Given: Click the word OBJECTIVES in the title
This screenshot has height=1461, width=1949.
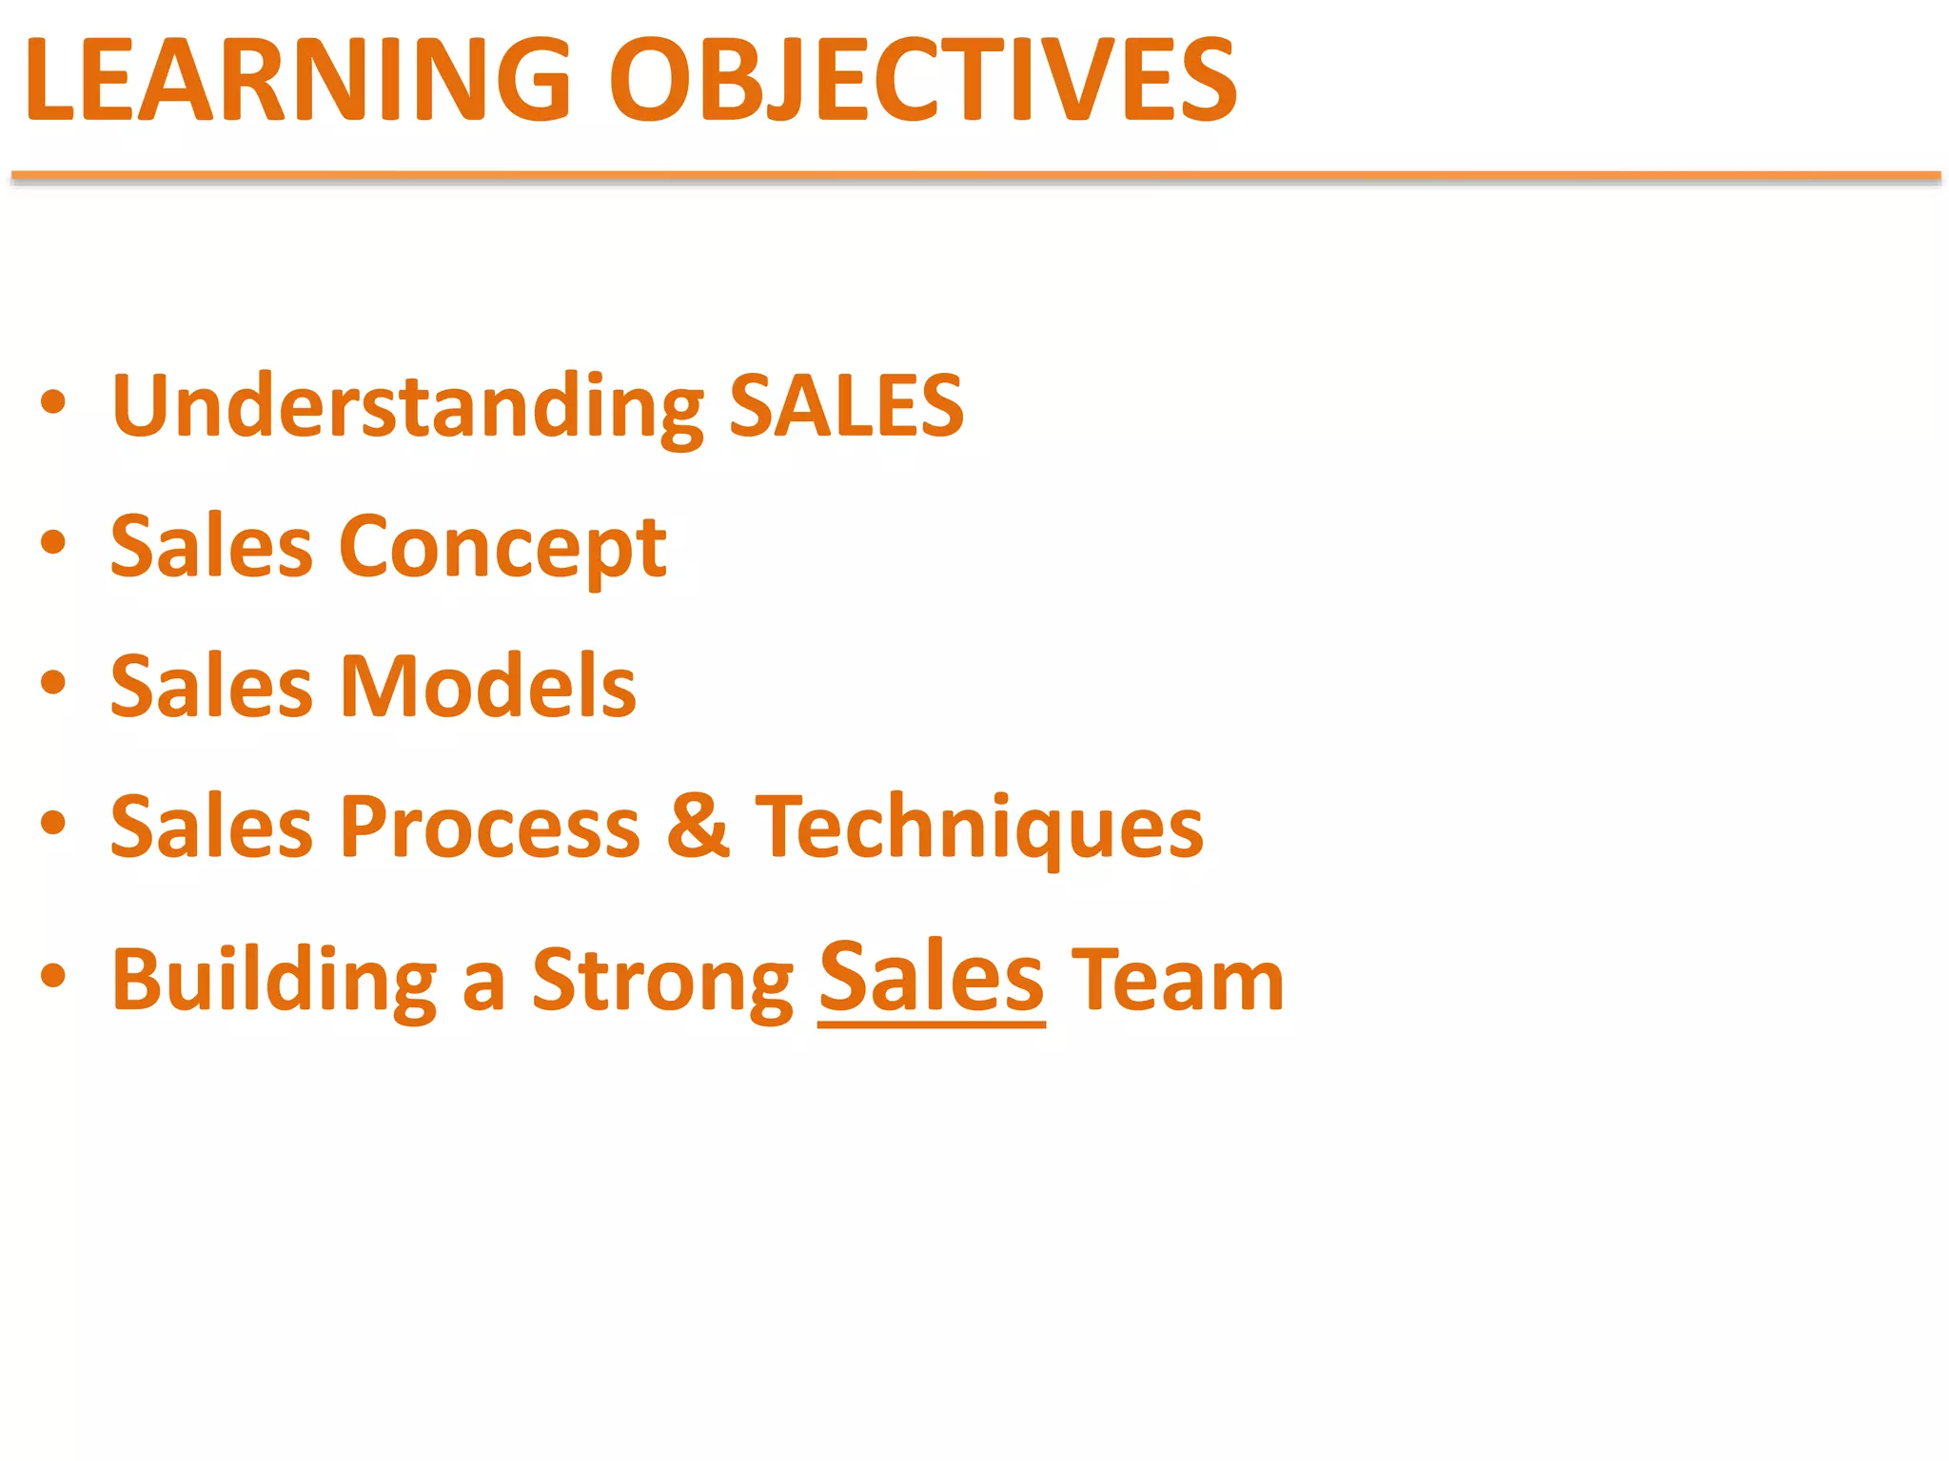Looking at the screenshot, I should point(923,80).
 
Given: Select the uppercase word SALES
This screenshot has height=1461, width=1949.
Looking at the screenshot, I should point(846,406).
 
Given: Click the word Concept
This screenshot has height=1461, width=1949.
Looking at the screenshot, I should point(502,547).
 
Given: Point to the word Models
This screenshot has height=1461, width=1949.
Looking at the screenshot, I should point(488,686).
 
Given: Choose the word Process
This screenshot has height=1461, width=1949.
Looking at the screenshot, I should point(490,827).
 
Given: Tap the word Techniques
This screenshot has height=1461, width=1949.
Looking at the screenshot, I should point(979,827).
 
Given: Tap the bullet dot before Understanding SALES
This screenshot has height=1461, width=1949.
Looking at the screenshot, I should point(53,403).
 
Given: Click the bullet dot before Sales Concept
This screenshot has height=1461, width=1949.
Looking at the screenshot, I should point(53,543).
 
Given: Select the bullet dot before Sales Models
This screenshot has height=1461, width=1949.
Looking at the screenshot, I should point(53,683).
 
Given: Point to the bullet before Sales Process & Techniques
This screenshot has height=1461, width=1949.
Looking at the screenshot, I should point(53,823).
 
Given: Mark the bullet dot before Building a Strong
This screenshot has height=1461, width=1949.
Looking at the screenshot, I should point(53,976).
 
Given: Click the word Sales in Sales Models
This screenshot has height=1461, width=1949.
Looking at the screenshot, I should point(211,686).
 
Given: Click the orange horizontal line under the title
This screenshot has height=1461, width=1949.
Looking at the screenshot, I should point(974,176).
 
